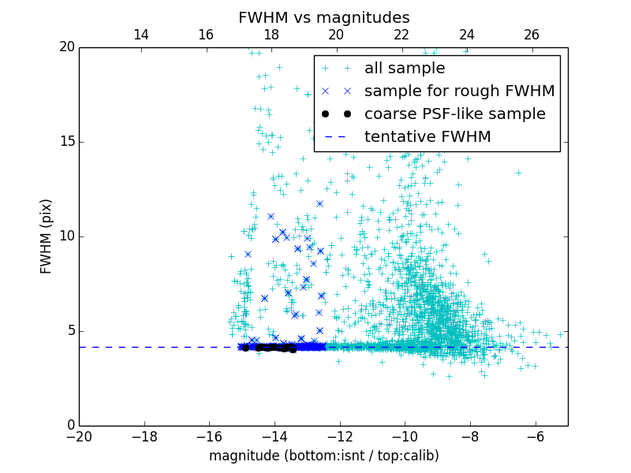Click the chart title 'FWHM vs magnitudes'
(323, 17)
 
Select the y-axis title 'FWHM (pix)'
(47, 236)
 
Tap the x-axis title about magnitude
(323, 456)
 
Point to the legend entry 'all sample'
(405, 69)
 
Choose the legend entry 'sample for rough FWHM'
(459, 91)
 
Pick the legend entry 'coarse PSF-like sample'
(454, 114)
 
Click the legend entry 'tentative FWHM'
(428, 137)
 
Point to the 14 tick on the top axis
(141, 35)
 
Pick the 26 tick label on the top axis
(532, 35)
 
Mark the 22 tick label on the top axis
(401, 35)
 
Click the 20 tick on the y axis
(66, 47)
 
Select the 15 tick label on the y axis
(66, 142)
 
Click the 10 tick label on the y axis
(66, 236)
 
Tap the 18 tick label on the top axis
(271, 35)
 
